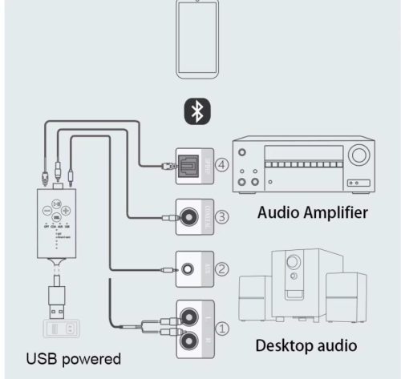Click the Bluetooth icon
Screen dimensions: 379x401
pyautogui.click(x=195, y=113)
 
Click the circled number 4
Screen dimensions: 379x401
pyautogui.click(x=221, y=167)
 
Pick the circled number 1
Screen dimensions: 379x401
pyautogui.click(x=223, y=327)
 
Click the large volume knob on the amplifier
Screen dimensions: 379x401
pyautogui.click(x=359, y=153)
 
